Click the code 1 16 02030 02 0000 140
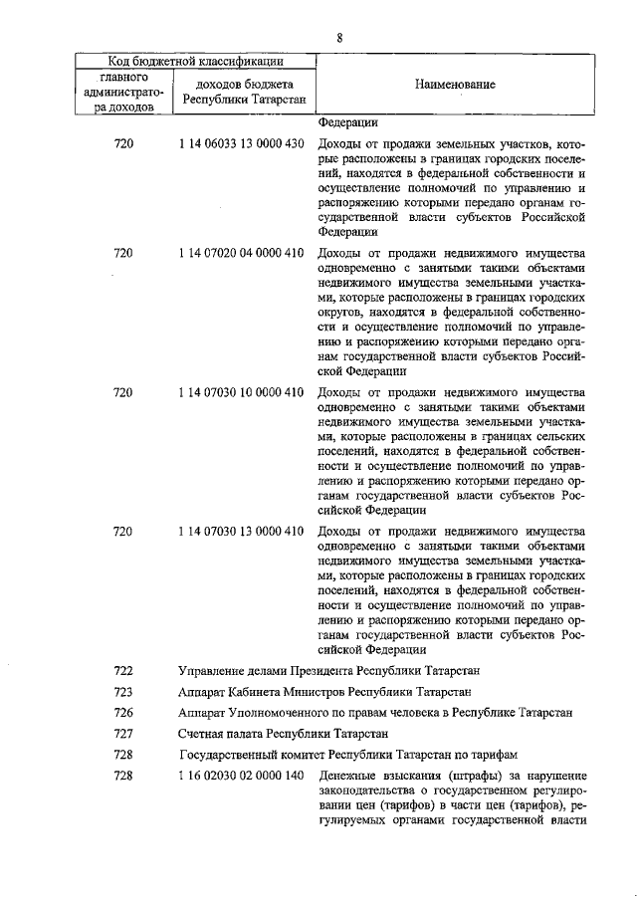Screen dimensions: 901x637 pos(241,777)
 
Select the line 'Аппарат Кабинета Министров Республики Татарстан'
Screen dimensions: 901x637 pos(323,691)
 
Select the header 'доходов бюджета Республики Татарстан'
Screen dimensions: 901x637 pos(245,94)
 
